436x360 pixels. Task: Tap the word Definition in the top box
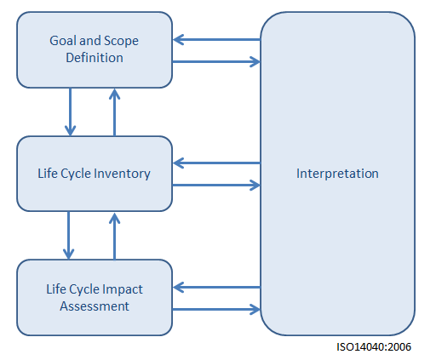(x=95, y=58)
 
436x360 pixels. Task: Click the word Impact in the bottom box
(x=123, y=290)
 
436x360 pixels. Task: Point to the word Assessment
(x=95, y=306)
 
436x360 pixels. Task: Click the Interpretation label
(x=337, y=174)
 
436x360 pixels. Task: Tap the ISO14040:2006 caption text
(x=374, y=347)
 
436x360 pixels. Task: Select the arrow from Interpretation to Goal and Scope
(x=216, y=40)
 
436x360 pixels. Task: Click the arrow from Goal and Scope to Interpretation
(x=216, y=61)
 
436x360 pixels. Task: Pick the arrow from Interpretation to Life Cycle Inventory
(x=216, y=163)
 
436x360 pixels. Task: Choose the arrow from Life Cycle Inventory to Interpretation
(x=216, y=186)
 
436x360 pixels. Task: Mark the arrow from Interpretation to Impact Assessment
(x=216, y=288)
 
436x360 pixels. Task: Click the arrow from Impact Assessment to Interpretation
(x=216, y=309)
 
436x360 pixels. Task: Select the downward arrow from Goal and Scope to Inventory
(x=70, y=111)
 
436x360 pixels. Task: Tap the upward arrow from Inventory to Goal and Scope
(x=114, y=112)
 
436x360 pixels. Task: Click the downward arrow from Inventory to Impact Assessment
(x=68, y=235)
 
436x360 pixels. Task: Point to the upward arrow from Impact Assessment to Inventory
(x=114, y=236)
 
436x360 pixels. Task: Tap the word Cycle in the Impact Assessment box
(x=84, y=290)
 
